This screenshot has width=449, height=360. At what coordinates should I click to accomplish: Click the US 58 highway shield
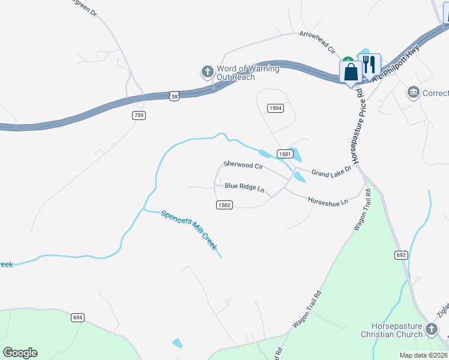click(x=174, y=95)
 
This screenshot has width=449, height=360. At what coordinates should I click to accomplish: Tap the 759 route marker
click(x=139, y=115)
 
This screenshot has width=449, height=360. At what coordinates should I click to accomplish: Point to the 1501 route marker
click(x=285, y=154)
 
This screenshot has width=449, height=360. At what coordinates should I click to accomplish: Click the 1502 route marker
click(x=224, y=205)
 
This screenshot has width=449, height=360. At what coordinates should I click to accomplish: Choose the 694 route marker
click(x=77, y=317)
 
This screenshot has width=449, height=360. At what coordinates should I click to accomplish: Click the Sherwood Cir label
click(x=243, y=164)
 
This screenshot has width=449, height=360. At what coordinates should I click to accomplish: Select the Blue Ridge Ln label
click(x=244, y=187)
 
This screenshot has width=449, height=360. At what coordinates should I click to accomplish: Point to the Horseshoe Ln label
click(x=328, y=202)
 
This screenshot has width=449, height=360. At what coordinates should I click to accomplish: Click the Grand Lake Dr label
click(x=331, y=173)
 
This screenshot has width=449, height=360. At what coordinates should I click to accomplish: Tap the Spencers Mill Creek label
click(x=189, y=230)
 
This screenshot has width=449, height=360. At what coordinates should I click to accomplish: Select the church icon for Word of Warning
click(x=207, y=72)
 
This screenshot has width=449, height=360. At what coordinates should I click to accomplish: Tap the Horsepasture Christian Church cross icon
click(x=431, y=329)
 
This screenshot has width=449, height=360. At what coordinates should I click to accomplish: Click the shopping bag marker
click(x=351, y=72)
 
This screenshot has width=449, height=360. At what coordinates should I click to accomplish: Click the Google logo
click(x=20, y=353)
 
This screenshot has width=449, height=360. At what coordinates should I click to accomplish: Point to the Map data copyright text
click(x=423, y=355)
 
